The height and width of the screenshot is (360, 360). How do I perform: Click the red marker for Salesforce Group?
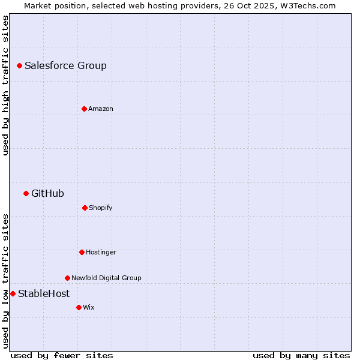(19, 65)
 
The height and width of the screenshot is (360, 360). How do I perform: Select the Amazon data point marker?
(84, 109)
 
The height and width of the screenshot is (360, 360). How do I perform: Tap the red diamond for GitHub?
(26, 193)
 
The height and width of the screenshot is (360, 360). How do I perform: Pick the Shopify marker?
(85, 208)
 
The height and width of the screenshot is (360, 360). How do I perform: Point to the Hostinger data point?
(82, 252)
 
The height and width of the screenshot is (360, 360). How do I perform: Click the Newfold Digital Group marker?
(67, 278)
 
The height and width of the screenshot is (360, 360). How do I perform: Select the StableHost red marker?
(13, 293)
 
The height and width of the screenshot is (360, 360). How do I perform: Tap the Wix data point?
(79, 307)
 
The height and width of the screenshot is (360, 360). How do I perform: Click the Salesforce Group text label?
(65, 65)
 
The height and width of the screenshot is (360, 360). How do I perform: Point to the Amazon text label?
(101, 109)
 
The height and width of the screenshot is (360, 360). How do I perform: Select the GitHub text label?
(47, 193)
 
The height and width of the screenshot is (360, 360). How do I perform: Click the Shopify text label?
(101, 208)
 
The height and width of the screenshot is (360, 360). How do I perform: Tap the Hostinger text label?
(101, 252)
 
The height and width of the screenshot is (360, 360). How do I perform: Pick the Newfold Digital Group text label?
(106, 278)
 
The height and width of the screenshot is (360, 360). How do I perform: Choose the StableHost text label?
(44, 293)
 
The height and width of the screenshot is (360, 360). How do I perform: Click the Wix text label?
(89, 307)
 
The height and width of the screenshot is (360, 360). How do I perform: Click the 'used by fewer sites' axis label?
(62, 355)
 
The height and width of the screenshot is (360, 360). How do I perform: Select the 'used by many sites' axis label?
(301, 355)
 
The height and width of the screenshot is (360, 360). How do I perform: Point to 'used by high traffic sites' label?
(5, 85)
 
